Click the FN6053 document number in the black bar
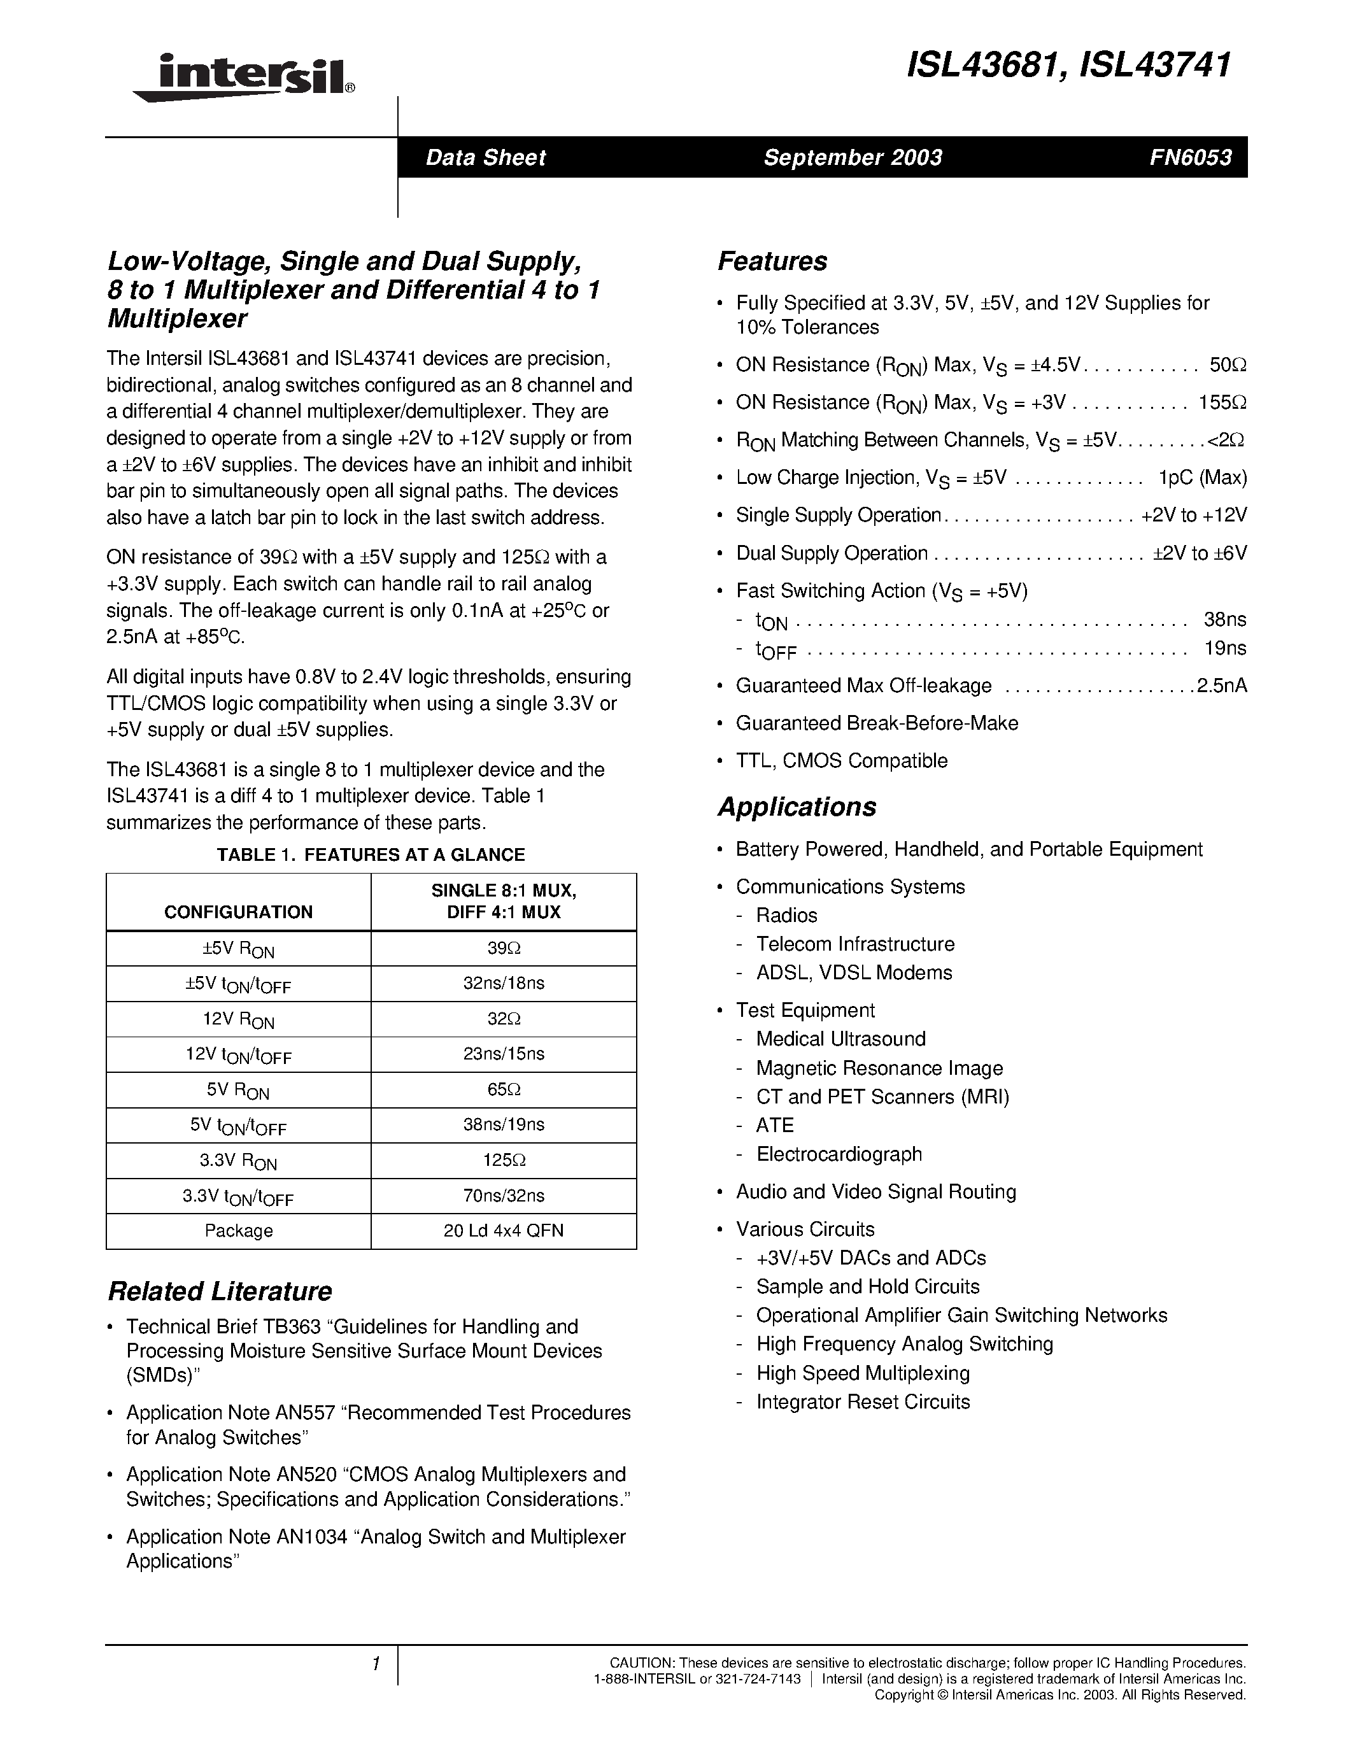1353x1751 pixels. coord(1189,157)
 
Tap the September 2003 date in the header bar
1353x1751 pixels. coord(852,157)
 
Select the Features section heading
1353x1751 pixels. coord(772,261)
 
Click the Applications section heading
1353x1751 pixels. coord(797,807)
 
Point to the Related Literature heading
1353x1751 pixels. coord(219,1292)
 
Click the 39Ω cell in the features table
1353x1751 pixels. coord(504,949)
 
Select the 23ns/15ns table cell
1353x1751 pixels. coord(504,1054)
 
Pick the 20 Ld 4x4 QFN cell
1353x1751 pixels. coord(504,1231)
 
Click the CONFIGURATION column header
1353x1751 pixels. coord(238,912)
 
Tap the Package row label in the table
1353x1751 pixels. coord(238,1231)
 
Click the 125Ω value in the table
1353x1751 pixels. coord(504,1160)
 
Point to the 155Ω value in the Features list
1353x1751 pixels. coord(1222,402)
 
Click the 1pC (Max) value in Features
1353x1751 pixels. coord(1202,478)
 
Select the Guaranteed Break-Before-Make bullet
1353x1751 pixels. coord(877,723)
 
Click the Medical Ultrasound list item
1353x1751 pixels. coord(840,1039)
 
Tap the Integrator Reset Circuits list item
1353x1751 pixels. coord(863,1401)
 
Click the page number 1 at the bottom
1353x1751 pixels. coord(374,1664)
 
